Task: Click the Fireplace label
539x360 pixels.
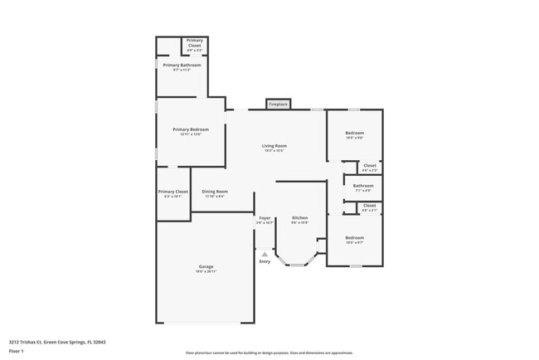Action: (x=279, y=105)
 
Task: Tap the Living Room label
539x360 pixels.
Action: (x=274, y=146)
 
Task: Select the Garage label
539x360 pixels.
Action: (x=206, y=266)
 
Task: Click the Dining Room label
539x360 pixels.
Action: (x=215, y=192)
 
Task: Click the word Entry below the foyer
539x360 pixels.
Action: (x=265, y=261)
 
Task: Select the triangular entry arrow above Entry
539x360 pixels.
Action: (x=265, y=254)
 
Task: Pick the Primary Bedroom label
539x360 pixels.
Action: (x=191, y=129)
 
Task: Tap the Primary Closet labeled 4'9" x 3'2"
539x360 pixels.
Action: (x=195, y=42)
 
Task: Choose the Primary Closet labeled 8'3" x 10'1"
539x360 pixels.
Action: (x=173, y=192)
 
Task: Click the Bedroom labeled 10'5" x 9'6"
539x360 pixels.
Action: (x=354, y=133)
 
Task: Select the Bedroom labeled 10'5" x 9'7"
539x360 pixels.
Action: (x=354, y=238)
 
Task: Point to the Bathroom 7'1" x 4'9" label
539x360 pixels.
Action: (x=363, y=186)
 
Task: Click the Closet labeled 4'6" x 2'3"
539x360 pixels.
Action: (x=370, y=165)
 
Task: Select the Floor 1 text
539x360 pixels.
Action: (x=17, y=351)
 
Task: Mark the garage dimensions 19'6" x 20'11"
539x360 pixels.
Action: (x=206, y=271)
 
